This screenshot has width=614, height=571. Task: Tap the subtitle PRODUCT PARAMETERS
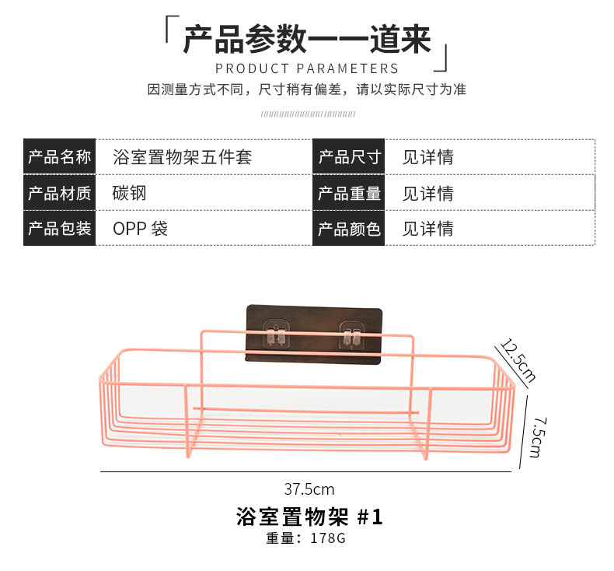306,68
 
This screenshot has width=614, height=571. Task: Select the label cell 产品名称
59,157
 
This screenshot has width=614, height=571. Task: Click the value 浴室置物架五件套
183,157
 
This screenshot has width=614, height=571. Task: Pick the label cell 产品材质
59,193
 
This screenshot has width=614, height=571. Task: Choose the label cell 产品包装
59,229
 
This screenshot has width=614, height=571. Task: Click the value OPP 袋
140,229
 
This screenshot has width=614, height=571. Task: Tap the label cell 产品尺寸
349,157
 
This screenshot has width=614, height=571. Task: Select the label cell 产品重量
349,193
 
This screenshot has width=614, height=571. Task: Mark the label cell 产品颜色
349,229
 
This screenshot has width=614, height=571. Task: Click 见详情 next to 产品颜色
427,229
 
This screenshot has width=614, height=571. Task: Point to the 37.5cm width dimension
309,489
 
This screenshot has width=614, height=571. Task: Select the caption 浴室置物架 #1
309,517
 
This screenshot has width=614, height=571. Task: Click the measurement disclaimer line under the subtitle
306,89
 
